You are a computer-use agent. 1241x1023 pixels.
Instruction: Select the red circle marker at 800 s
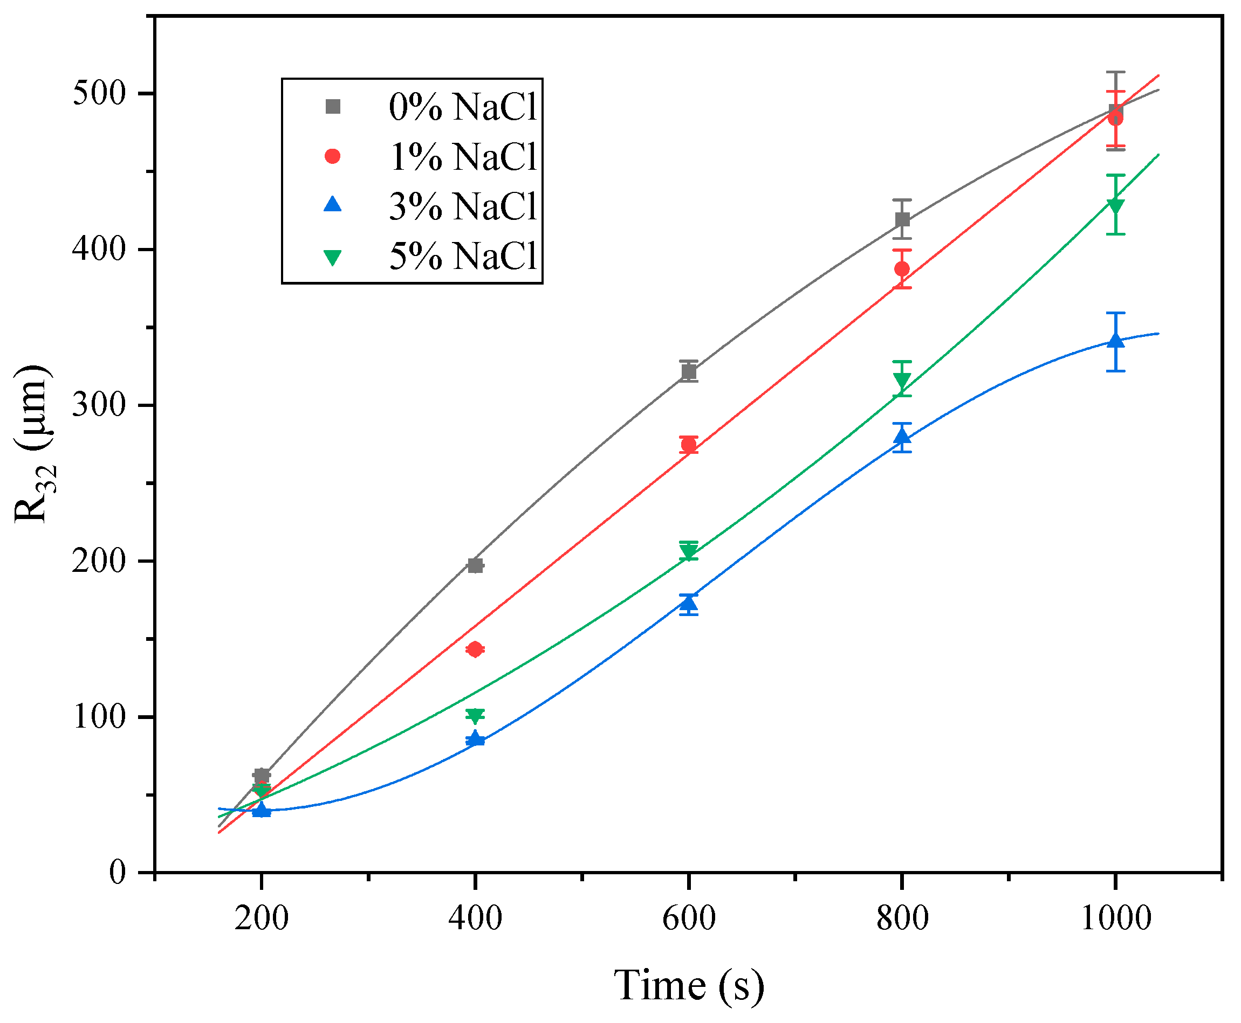pos(902,269)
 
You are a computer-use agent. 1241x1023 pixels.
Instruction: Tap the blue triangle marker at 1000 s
pos(1115,340)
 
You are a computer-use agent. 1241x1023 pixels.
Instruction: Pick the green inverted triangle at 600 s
pos(689,551)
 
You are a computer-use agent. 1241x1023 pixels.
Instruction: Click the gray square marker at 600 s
pos(689,372)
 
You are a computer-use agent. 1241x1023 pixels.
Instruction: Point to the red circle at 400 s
pos(475,649)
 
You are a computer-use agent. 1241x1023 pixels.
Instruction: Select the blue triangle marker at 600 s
pos(689,602)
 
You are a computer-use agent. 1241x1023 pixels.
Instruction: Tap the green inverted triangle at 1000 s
pos(1115,206)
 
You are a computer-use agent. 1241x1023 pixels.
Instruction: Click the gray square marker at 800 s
pos(902,220)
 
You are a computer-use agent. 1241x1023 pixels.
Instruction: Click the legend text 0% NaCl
pos(463,107)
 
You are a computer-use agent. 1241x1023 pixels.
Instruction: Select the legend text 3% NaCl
pos(463,206)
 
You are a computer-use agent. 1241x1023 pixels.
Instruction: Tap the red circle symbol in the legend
pos(333,156)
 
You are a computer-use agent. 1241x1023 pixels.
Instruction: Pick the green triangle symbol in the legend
pos(333,257)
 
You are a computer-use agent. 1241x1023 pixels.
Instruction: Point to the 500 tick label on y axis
pos(100,94)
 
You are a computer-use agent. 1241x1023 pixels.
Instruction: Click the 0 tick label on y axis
pos(118,872)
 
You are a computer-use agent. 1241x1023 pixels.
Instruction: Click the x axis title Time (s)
pos(689,985)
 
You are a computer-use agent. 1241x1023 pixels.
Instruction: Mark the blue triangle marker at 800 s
pos(902,437)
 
